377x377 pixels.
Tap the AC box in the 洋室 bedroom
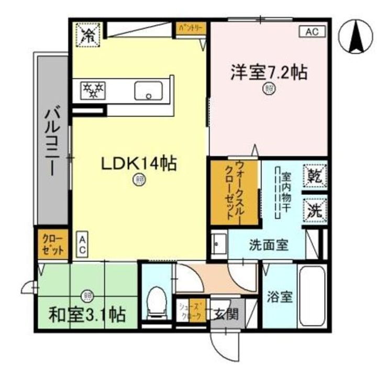click(312, 31)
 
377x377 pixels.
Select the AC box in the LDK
click(82, 245)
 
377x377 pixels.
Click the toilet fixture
click(156, 304)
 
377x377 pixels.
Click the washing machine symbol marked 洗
click(315, 210)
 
